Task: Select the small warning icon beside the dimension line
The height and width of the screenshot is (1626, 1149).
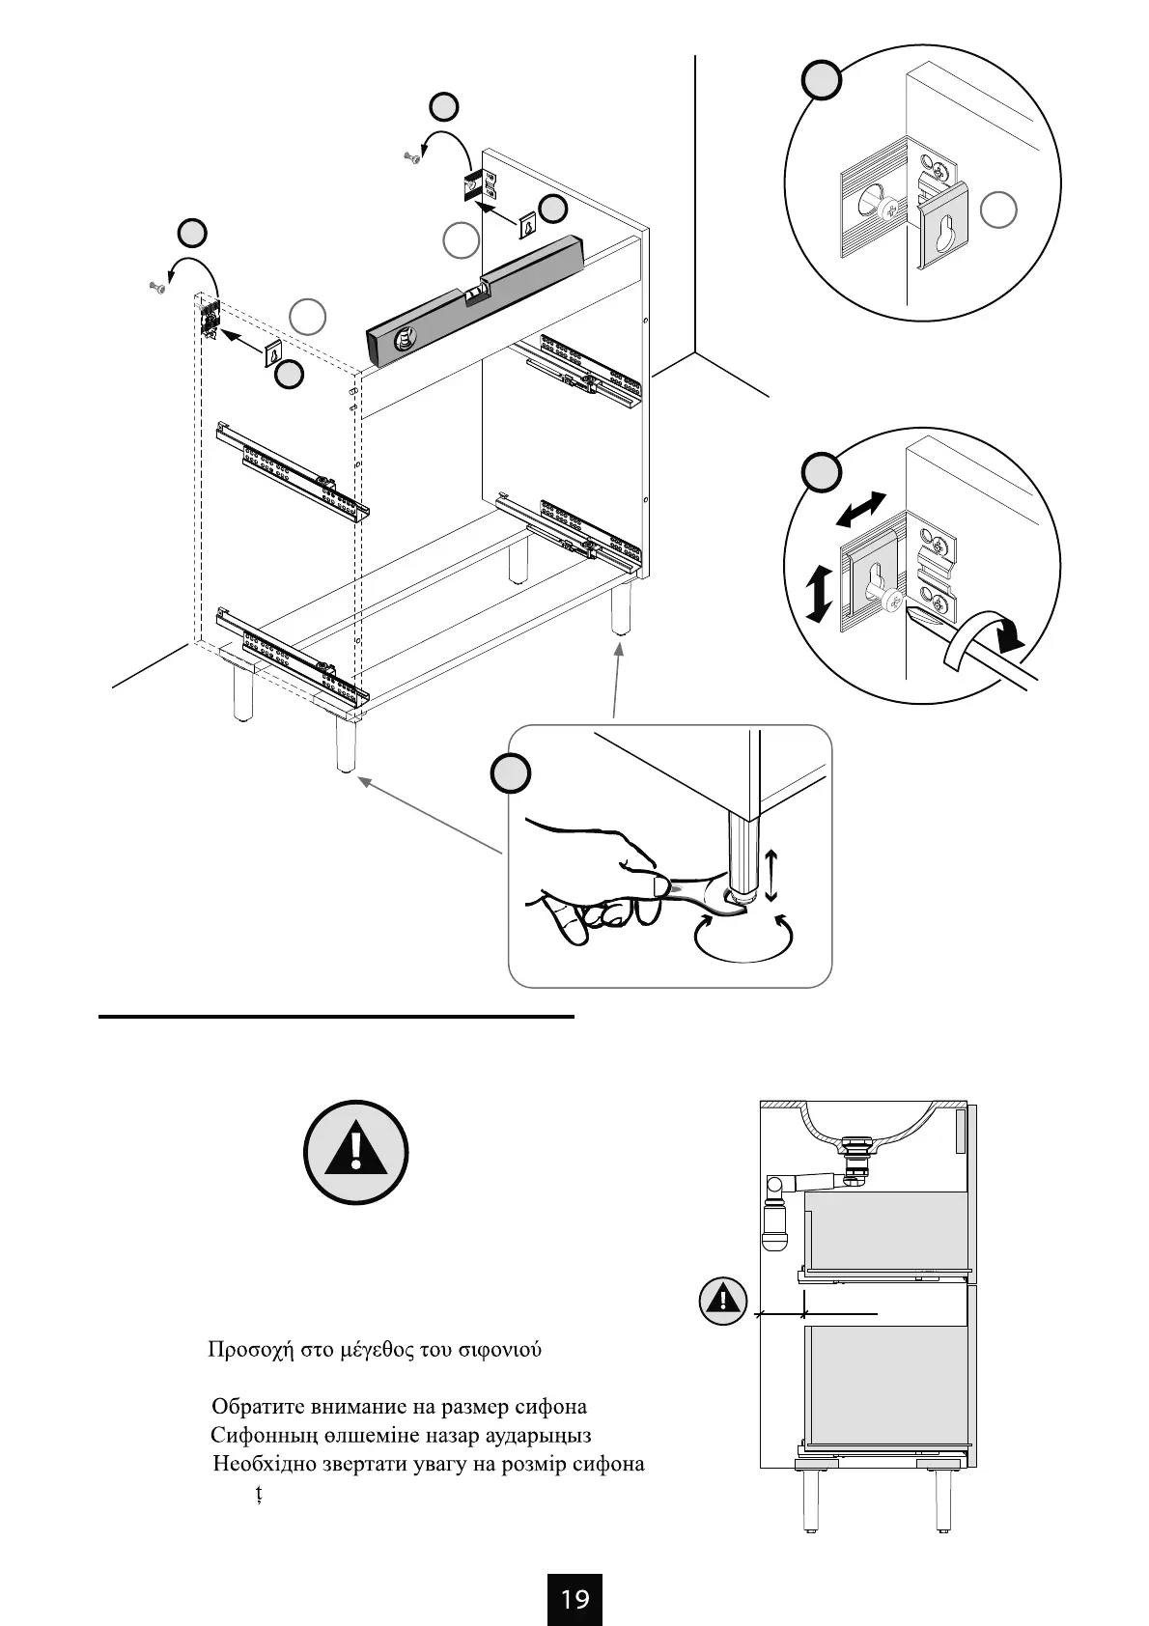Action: pos(723,1301)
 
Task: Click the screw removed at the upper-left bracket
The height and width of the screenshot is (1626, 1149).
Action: pos(157,286)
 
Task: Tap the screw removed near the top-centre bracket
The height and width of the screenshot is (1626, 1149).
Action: pos(411,158)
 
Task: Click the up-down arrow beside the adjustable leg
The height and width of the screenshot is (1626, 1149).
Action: pos(771,875)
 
